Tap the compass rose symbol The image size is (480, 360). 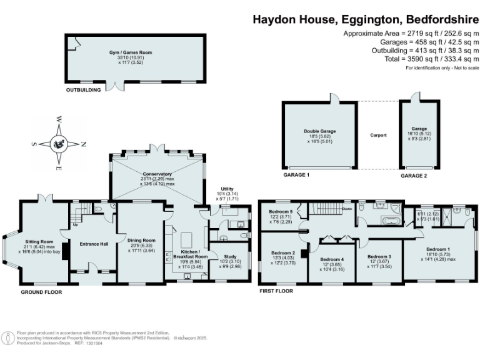click(x=59, y=143)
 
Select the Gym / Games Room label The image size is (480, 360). click(x=136, y=53)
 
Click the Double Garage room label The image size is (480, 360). click(x=320, y=131)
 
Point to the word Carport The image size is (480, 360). click(x=378, y=135)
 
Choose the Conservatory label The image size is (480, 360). click(x=157, y=174)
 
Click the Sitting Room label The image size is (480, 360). click(x=40, y=241)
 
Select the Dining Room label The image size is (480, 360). click(x=141, y=240)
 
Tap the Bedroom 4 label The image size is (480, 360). click(x=332, y=259)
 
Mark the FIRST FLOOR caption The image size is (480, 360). click(x=276, y=291)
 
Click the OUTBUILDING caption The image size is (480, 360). click(x=84, y=91)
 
